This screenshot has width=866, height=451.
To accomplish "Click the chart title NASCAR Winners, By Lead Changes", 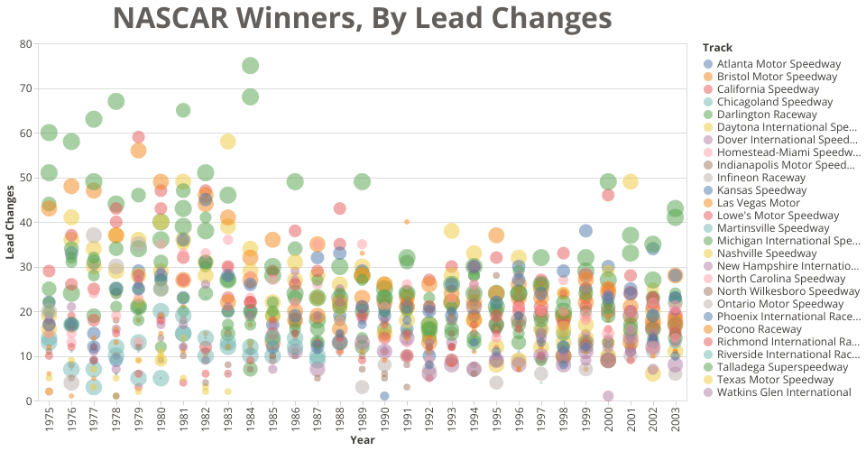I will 363,18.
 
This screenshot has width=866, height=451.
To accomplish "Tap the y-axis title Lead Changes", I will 10,222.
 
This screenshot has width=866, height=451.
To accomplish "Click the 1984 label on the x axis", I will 251,419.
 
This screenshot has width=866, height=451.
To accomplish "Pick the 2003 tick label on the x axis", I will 675,419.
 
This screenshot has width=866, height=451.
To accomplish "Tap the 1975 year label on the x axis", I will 50,419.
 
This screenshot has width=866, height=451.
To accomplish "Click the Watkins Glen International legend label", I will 784,392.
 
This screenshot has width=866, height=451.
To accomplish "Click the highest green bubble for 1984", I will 251,66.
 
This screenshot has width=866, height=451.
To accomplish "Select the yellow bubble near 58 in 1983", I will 228,142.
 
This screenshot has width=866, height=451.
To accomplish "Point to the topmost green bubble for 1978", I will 116,102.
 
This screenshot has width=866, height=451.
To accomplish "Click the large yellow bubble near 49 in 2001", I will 631,182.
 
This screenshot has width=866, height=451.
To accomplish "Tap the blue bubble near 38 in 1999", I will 585,231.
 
